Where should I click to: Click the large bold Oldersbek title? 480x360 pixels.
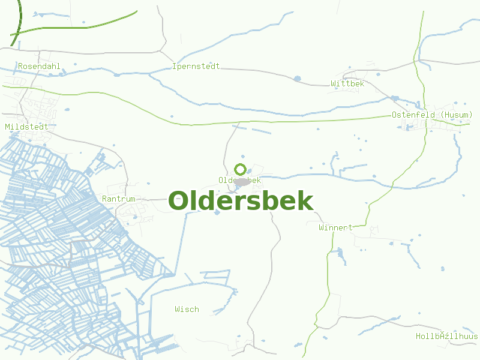(241, 201)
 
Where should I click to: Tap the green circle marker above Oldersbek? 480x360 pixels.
(241, 169)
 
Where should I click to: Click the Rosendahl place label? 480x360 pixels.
(40, 66)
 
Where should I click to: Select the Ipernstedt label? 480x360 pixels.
(196, 66)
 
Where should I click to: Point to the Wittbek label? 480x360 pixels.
(347, 83)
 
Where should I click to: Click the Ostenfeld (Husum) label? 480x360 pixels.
(432, 115)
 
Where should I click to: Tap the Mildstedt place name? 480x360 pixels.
(26, 127)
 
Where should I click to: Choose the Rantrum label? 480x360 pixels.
(119, 199)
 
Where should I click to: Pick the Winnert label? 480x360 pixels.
(335, 228)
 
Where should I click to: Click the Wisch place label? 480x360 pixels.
(187, 309)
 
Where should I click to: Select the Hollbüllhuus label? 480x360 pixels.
(446, 336)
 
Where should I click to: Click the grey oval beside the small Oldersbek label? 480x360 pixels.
(242, 181)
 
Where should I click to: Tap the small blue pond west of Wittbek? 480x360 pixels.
(297, 79)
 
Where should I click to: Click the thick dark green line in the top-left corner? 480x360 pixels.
(16, 24)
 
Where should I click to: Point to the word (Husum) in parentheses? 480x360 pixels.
(456, 115)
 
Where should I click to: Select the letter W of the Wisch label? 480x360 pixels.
(178, 309)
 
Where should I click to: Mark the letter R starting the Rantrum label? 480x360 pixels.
(105, 199)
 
